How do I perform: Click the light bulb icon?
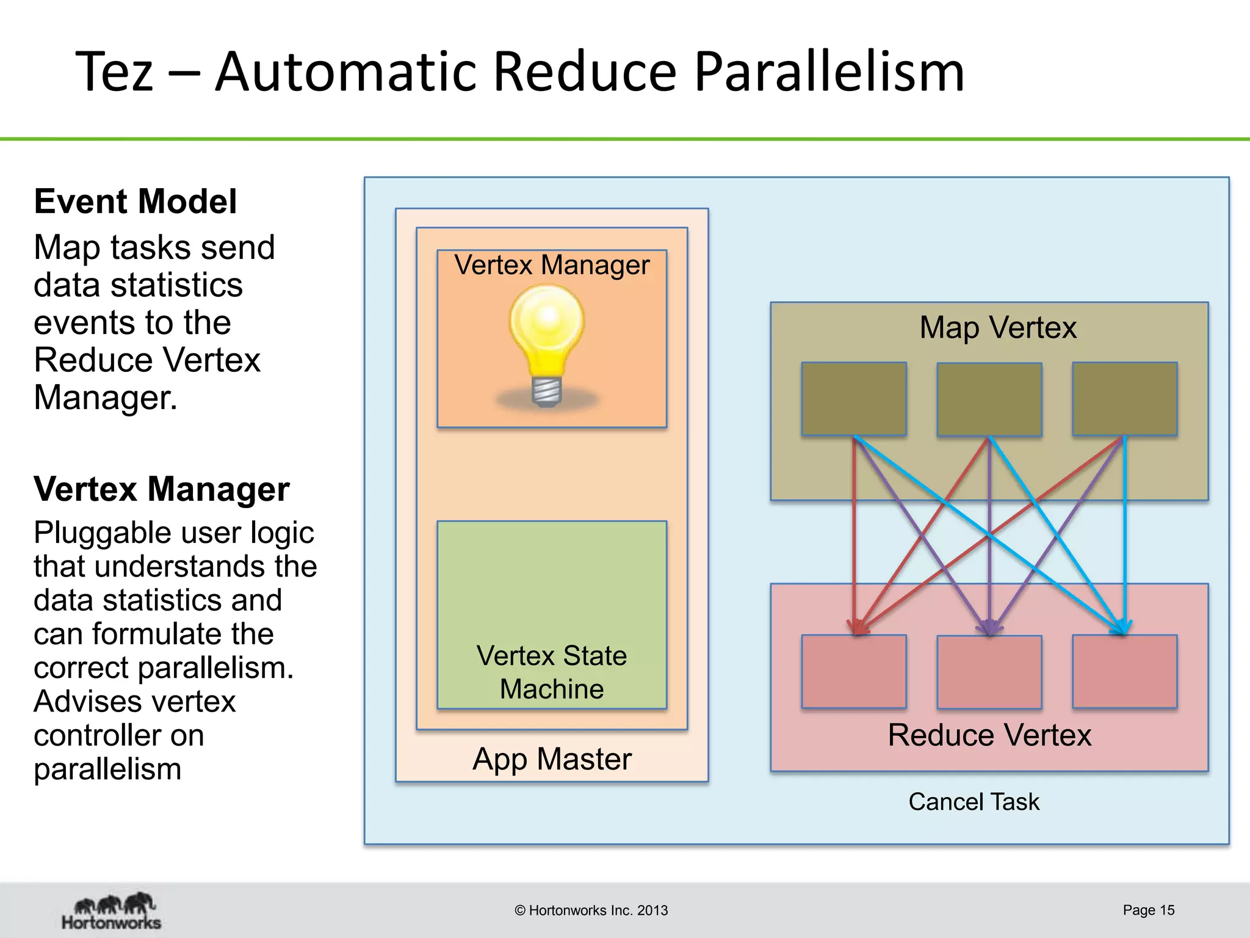pyautogui.click(x=547, y=345)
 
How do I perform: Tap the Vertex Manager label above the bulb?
pyautogui.click(x=552, y=265)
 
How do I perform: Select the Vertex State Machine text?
pyautogui.click(x=552, y=672)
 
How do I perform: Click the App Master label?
pyautogui.click(x=552, y=759)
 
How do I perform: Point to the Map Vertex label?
pyautogui.click(x=998, y=327)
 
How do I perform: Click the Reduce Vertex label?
pyautogui.click(x=989, y=735)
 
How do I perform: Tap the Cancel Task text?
pyautogui.click(x=974, y=802)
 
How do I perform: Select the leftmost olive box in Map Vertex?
pyautogui.click(x=854, y=399)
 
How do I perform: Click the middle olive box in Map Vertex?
pyautogui.click(x=989, y=399)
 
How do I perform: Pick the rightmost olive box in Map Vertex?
pyautogui.click(x=1125, y=399)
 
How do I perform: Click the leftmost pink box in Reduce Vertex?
pyautogui.click(x=854, y=672)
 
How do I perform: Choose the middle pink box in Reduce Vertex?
pyautogui.click(x=989, y=672)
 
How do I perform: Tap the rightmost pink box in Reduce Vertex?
pyautogui.click(x=1125, y=672)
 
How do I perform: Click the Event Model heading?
pyautogui.click(x=135, y=202)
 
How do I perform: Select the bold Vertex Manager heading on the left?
pyautogui.click(x=161, y=489)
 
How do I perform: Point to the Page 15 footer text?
pyautogui.click(x=1148, y=910)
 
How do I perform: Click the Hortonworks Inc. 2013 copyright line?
pyautogui.click(x=591, y=911)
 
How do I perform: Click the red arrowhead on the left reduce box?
pyautogui.click(x=858, y=628)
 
